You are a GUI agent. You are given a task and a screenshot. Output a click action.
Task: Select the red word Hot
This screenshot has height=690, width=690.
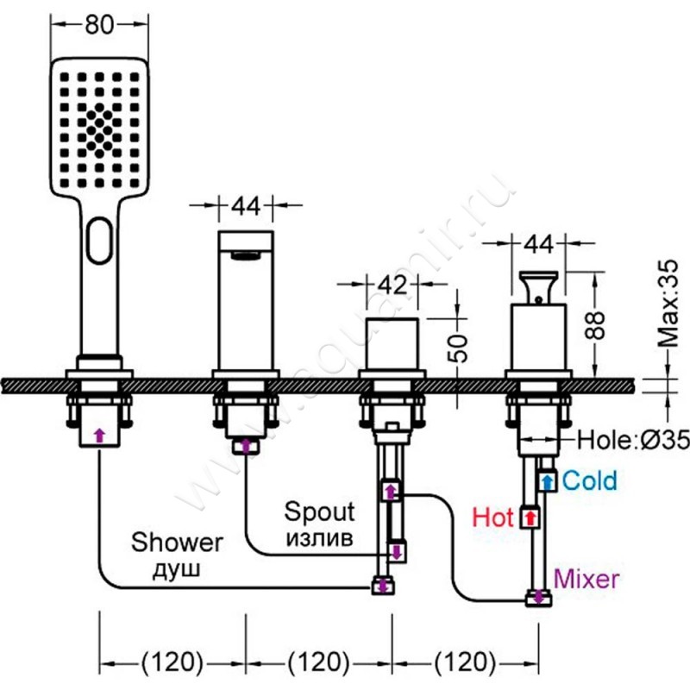(x=493, y=517)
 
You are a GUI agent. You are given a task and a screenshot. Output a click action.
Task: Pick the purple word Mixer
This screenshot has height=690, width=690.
(x=586, y=578)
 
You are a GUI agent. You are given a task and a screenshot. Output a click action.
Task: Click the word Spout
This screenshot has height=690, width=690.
(x=320, y=512)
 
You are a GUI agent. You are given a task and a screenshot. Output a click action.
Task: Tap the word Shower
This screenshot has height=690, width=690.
(x=177, y=543)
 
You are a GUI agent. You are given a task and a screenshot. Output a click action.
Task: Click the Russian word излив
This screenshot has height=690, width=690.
(x=320, y=538)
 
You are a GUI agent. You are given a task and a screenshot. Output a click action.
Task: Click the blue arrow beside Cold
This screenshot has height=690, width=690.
(x=547, y=480)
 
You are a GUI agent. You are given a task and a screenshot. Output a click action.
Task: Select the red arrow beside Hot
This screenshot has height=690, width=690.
(x=530, y=517)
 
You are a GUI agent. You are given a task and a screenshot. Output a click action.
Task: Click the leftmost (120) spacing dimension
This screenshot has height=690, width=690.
(x=172, y=662)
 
